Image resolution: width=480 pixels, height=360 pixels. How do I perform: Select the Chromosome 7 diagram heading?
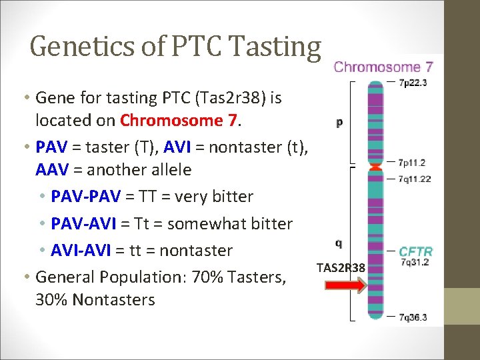383,67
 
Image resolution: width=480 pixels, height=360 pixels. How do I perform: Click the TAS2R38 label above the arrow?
341,268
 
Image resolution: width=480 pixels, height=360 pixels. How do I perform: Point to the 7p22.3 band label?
412,83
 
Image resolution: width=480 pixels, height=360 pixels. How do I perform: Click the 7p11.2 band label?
411,163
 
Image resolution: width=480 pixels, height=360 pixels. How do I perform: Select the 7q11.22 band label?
414,179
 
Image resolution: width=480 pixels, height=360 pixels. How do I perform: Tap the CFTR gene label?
415,251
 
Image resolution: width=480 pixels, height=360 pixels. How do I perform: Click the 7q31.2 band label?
413,262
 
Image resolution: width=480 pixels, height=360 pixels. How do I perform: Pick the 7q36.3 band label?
413,317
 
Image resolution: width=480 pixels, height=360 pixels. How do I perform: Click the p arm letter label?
339,123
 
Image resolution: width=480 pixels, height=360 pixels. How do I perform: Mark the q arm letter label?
339,243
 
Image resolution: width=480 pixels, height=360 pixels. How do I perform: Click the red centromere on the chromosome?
375,166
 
